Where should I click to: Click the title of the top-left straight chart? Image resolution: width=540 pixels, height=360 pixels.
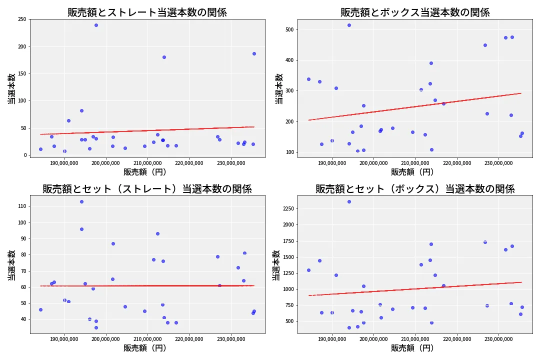click(147, 12)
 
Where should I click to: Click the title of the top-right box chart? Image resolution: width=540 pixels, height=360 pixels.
click(415, 12)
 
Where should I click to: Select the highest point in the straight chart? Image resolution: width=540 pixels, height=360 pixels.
click(96, 25)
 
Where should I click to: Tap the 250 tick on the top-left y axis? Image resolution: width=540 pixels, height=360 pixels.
click(22, 19)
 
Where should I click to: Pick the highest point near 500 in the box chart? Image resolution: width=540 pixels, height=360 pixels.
click(349, 25)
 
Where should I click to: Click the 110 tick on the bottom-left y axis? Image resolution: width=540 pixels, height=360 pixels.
click(22, 206)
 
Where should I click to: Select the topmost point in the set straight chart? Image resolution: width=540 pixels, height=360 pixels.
click(81, 201)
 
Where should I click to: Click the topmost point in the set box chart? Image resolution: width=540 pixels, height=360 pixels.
click(349, 201)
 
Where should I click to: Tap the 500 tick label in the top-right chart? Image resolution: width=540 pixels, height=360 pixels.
click(288, 29)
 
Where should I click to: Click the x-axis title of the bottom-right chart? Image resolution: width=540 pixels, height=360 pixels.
click(412, 348)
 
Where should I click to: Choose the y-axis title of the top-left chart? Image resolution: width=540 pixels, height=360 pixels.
click(10, 89)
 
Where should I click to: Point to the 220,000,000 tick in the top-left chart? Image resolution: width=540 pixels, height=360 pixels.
click(189, 163)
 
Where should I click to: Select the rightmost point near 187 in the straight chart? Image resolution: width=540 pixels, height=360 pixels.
click(254, 53)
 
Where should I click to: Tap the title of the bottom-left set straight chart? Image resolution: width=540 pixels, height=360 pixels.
click(147, 189)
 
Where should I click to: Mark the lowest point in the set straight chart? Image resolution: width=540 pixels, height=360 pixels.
click(96, 327)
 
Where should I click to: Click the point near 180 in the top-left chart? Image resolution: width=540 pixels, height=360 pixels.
click(164, 57)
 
